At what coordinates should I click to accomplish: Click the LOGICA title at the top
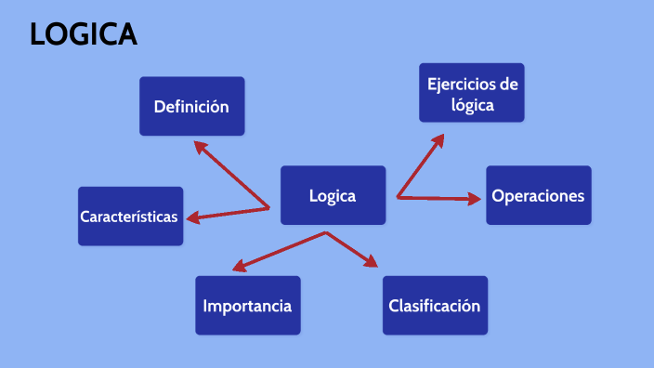coord(84,34)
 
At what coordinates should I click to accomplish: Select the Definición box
coord(191,106)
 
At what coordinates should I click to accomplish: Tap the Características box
coord(130,217)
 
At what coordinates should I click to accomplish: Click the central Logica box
coord(333,195)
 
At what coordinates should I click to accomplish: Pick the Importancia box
coord(248,305)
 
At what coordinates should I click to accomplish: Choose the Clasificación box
coord(435,305)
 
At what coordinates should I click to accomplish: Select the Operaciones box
coord(539,195)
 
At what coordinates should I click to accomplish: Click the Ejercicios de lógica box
coord(472,92)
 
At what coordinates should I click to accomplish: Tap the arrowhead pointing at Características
coord(192,219)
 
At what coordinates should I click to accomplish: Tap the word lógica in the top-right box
coord(472,105)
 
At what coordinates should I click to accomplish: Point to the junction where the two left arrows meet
coord(269,207)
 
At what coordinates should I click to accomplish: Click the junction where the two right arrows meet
coord(398,196)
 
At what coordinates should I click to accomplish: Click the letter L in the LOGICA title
coord(38,34)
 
